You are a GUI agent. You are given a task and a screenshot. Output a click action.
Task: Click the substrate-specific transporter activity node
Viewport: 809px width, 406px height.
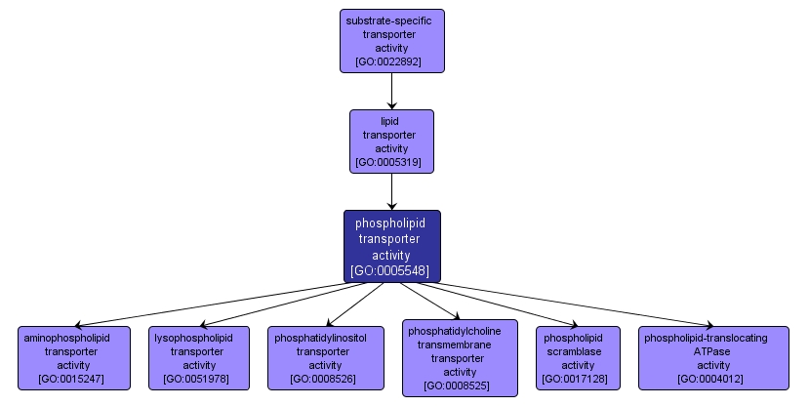pos(391,41)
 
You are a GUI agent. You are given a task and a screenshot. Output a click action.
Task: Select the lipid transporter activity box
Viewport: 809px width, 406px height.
pos(391,142)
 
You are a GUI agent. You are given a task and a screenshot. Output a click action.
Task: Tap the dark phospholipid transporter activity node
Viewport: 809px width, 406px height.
pos(391,246)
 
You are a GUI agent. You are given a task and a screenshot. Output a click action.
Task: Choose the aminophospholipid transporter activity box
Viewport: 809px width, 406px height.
pos(73,358)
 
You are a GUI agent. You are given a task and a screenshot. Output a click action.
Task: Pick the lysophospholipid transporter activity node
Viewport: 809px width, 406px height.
pos(199,358)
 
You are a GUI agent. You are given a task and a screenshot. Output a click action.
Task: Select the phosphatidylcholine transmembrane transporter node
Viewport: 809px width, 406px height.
pos(460,358)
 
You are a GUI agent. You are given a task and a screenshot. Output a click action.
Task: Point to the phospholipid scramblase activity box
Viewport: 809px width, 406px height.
pos(577,358)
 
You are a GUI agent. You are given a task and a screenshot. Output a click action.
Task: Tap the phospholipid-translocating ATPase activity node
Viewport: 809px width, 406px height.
pos(712,358)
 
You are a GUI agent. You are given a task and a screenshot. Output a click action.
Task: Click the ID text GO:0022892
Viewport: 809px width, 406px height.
pos(391,61)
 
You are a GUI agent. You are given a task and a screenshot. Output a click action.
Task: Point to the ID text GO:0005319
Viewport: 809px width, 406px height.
pos(391,162)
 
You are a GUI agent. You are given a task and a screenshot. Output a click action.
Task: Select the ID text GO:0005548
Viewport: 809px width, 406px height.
pos(391,270)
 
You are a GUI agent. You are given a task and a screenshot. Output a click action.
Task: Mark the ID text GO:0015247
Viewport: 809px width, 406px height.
pos(73,379)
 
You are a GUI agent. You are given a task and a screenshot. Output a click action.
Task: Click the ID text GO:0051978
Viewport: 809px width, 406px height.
pos(199,379)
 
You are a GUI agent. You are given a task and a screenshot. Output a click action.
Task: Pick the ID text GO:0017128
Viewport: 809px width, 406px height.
pos(577,379)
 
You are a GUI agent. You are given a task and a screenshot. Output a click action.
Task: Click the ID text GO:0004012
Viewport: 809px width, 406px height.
pos(712,379)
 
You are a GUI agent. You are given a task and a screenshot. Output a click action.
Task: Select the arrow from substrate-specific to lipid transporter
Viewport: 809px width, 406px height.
pos(391,91)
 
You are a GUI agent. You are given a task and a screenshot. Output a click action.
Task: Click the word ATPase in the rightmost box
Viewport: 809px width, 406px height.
pos(712,351)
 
